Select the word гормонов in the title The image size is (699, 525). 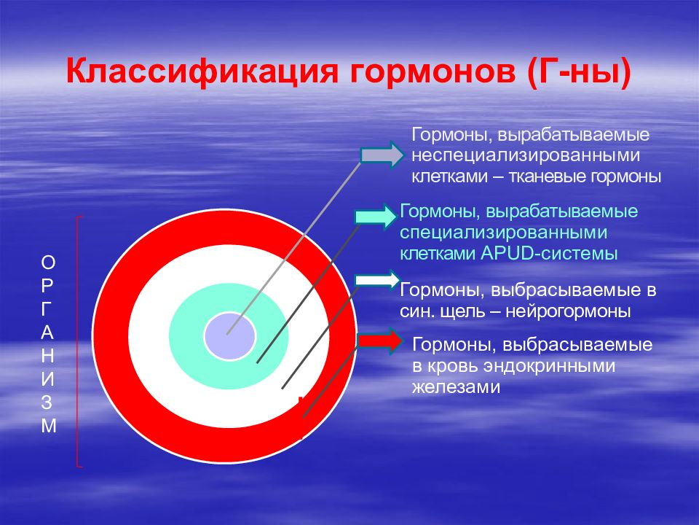click(433, 72)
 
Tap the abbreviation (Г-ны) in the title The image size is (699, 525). click(579, 72)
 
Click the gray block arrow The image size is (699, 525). click(382, 155)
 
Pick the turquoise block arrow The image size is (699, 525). click(376, 217)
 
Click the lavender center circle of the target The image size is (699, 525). click(230, 335)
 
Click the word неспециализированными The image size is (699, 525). click(526, 155)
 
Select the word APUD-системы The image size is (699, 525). click(549, 254)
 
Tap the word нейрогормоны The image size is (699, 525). click(569, 311)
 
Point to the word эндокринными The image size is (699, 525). click(550, 366)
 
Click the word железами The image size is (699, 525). click(456, 386)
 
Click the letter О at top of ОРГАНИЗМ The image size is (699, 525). click(48, 262)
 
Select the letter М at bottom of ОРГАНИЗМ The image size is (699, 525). click(49, 426)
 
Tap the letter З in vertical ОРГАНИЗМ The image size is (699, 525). click(47, 402)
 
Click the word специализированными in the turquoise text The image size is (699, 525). click(503, 233)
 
